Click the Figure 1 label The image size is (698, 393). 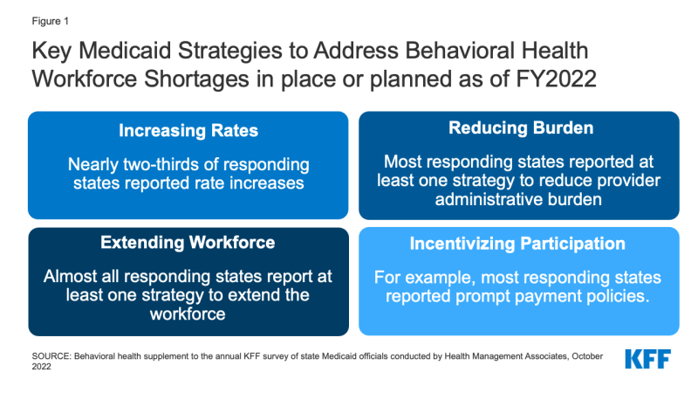(x=51, y=21)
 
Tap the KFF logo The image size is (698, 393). (x=647, y=359)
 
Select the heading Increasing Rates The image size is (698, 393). (x=188, y=130)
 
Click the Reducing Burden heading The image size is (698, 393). (x=521, y=128)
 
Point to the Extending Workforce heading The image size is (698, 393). (x=188, y=243)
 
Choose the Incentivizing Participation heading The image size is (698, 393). (x=517, y=244)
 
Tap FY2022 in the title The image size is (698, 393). (x=556, y=79)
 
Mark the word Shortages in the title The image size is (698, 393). (x=196, y=79)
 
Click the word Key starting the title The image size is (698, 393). (x=51, y=51)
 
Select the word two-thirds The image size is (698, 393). (x=161, y=164)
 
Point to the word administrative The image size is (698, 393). (x=489, y=199)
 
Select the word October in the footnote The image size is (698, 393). (x=587, y=356)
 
